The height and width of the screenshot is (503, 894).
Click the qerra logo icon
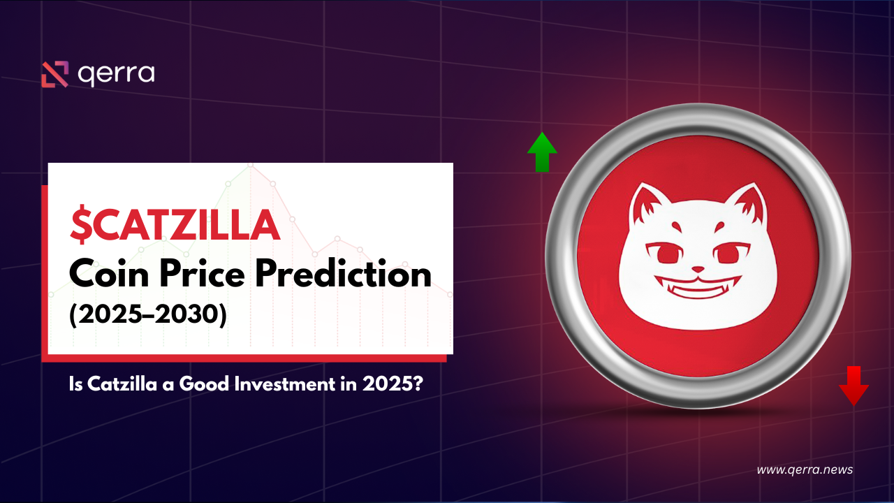[x=54, y=74]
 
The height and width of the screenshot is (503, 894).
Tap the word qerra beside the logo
[x=116, y=74]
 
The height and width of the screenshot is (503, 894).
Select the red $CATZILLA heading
[x=175, y=226]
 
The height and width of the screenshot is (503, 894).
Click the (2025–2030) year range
[x=147, y=315]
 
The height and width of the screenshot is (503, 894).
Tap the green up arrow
[x=542, y=152]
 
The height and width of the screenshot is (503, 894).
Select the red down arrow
[x=853, y=385]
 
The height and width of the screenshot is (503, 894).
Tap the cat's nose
[x=698, y=268]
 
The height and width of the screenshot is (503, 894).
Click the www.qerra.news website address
[x=805, y=469]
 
